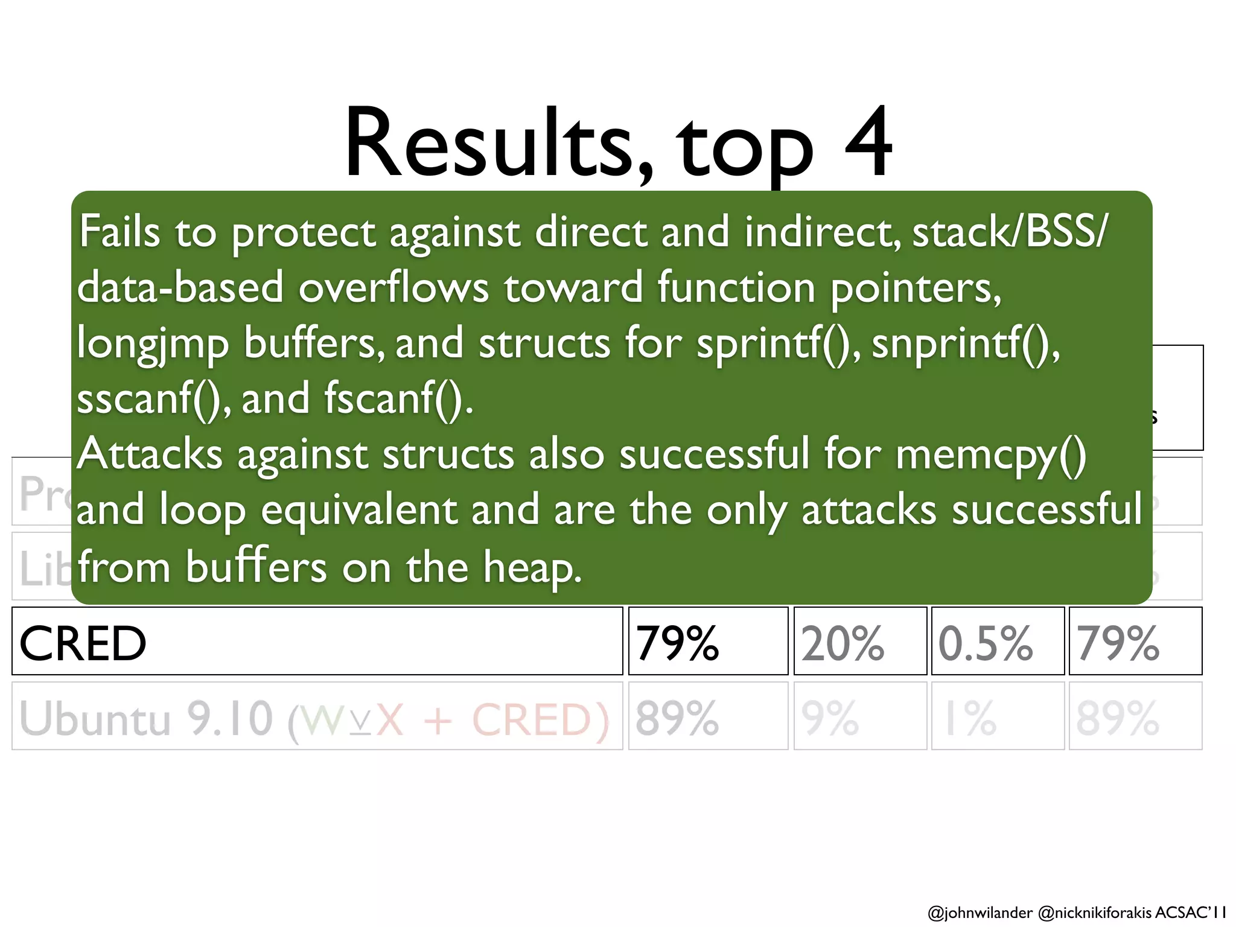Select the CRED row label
click(x=83, y=643)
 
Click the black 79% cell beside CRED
click(x=677, y=643)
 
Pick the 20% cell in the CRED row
click(x=843, y=643)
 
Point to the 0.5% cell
click(x=986, y=643)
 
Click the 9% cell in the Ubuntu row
click(x=830, y=718)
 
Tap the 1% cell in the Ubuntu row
click(x=970, y=718)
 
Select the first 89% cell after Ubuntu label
click(x=677, y=718)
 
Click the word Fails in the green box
click(x=119, y=232)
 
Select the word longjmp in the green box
click(x=153, y=345)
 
